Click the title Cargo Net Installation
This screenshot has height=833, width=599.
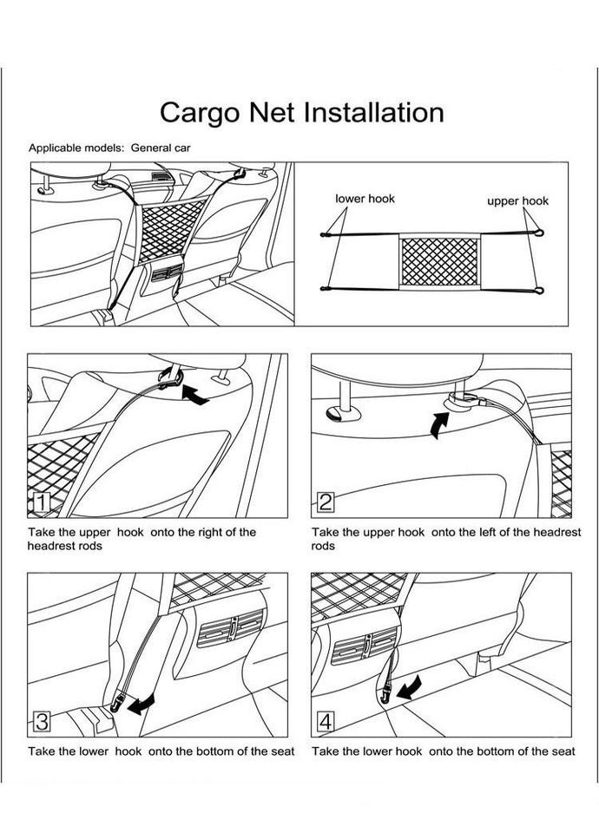point(302,113)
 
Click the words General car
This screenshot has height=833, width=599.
point(161,148)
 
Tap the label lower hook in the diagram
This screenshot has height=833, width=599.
point(365,199)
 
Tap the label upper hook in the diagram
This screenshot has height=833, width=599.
point(517,200)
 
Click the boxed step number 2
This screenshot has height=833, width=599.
point(326,502)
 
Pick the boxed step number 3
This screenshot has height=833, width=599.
point(42,719)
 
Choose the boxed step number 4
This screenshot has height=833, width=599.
point(326,719)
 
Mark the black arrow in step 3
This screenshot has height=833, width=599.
point(140,703)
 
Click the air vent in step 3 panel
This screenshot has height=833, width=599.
point(229,627)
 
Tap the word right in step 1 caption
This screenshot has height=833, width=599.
point(207,532)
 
